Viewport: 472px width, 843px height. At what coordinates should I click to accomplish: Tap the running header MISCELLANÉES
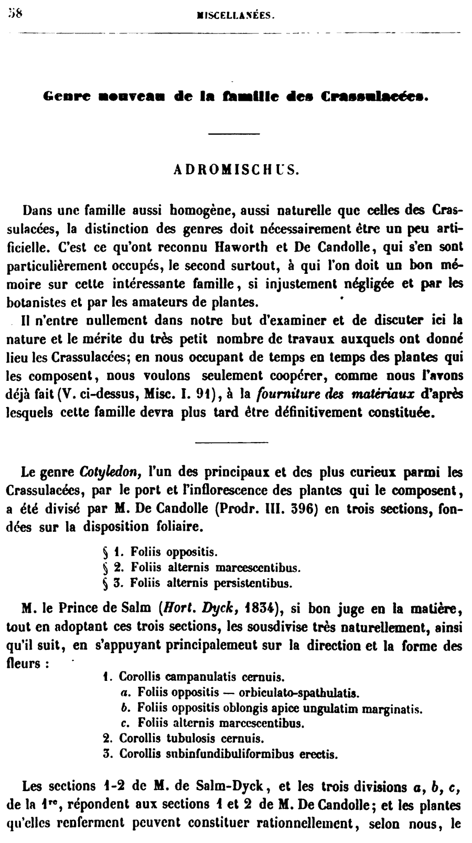[x=234, y=16]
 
